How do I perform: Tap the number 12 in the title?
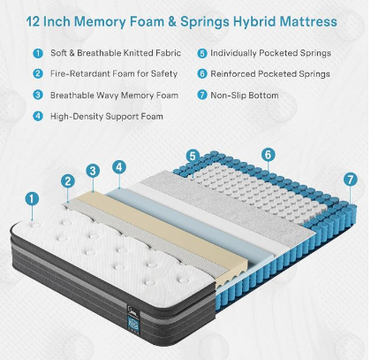pos(33,22)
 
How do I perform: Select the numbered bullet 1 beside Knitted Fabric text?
pos(38,53)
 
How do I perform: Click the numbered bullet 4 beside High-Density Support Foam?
pos(38,116)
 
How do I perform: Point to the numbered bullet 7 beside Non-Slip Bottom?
pos(202,96)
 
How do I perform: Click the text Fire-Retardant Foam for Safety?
pos(114,73)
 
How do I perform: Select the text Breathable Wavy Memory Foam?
pos(114,96)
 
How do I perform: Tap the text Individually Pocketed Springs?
pos(270,53)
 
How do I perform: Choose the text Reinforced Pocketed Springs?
pos(270,73)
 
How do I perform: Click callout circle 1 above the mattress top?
pos(32,198)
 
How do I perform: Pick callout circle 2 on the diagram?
pos(68,181)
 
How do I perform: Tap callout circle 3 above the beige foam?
pos(93,171)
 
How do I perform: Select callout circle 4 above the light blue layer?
pos(119,167)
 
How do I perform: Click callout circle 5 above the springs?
pos(193,156)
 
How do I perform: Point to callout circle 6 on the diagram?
pos(269,155)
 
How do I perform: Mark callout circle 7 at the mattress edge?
pos(351,180)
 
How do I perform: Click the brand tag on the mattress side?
pos(132,317)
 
